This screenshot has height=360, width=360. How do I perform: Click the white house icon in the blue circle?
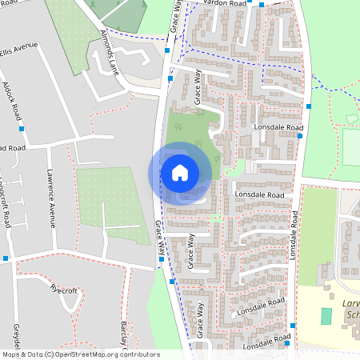pyautogui.click(x=180, y=172)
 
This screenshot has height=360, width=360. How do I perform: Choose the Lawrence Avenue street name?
pyautogui.click(x=51, y=197)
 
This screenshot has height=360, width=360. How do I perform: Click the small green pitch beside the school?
pyautogui.click(x=326, y=315)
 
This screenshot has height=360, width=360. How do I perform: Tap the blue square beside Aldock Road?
pyautogui.click(x=22, y=128)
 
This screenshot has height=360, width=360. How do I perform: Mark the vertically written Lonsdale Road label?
pyautogui.click(x=294, y=234)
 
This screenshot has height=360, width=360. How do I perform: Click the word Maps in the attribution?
pyautogui.click(x=12, y=354)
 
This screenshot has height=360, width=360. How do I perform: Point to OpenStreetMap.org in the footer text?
pyautogui.click(x=84, y=354)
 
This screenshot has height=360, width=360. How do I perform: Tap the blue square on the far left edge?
pyautogui.click(x=6, y=258)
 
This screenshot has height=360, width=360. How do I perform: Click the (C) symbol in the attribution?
pyautogui.click(x=49, y=354)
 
